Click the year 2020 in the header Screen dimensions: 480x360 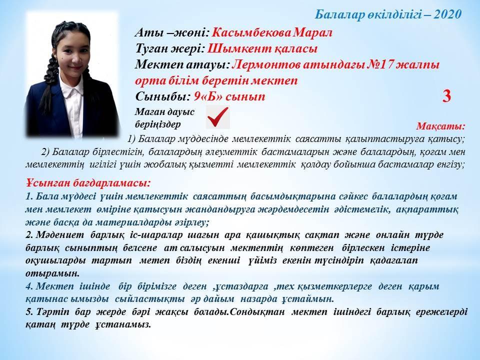coord(447,14)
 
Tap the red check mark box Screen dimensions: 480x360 coord(217,117)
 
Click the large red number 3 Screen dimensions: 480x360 coord(446,96)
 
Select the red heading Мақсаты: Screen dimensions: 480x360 coord(440,126)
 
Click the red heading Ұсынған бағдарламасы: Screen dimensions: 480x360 coord(88,183)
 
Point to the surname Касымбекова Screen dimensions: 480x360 coord(250,32)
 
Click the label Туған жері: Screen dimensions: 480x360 coord(170,48)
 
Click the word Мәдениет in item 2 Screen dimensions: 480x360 coord(60,235)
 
